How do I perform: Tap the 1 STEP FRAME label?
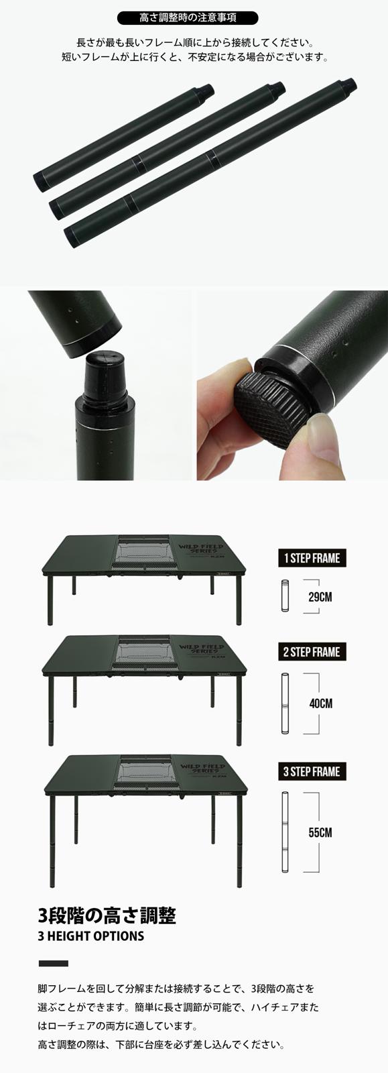pos(311,558)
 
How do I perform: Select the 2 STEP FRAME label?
pos(311,652)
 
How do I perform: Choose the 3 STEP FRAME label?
pos(311,772)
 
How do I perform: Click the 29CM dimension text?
pos(320,596)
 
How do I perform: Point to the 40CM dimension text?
pos(320,704)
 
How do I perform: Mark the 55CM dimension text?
pos(320,833)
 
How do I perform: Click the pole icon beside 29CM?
pos(284,595)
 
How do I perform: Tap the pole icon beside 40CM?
pos(284,703)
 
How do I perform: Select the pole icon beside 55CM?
pos(284,832)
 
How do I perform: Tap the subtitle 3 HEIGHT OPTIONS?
pos(91,936)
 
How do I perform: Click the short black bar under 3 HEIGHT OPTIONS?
pos(54,964)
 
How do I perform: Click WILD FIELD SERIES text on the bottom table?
pos(198,769)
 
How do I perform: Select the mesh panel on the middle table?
pos(143,653)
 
